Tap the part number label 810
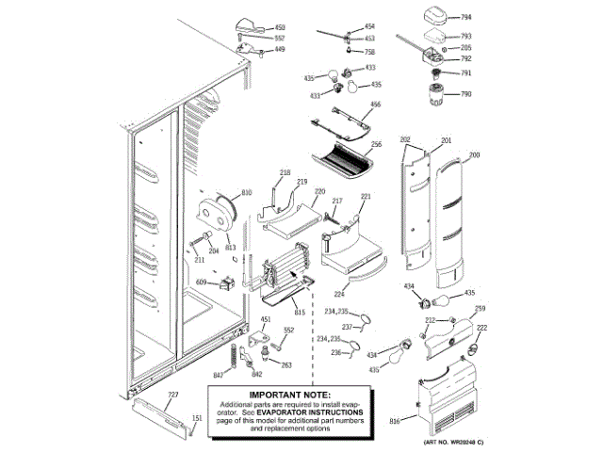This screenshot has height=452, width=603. point(247,193)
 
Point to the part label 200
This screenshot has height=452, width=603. point(474,154)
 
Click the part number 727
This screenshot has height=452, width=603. point(172,395)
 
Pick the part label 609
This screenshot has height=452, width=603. point(202,282)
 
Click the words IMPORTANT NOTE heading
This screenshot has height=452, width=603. point(289,395)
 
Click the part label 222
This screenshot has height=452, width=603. point(481,329)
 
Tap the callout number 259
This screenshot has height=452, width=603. point(480,310)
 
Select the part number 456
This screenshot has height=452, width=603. point(375,105)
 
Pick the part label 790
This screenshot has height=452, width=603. point(465,94)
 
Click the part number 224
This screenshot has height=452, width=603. point(337,293)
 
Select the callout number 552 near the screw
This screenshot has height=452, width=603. point(289,331)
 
